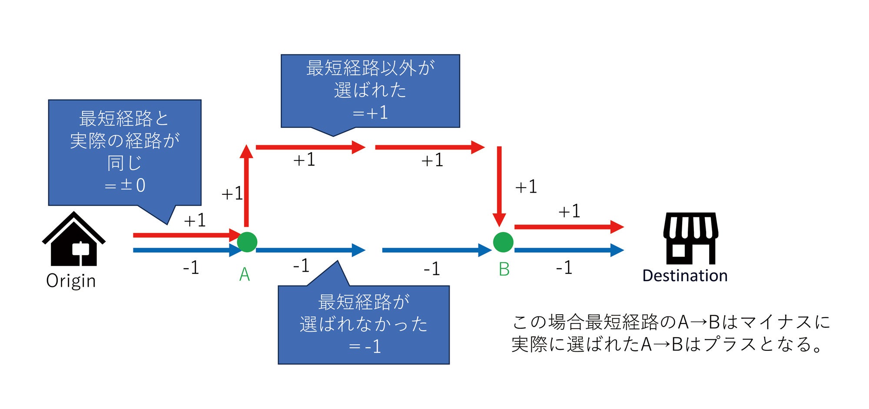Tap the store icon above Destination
690,238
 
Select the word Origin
71,281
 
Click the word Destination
685,276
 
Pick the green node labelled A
247,242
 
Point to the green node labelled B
503,242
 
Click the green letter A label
245,274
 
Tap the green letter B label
504,269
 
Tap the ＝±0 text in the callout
125,186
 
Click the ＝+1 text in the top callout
370,113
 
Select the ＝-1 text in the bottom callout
365,347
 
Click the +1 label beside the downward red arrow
526,187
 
